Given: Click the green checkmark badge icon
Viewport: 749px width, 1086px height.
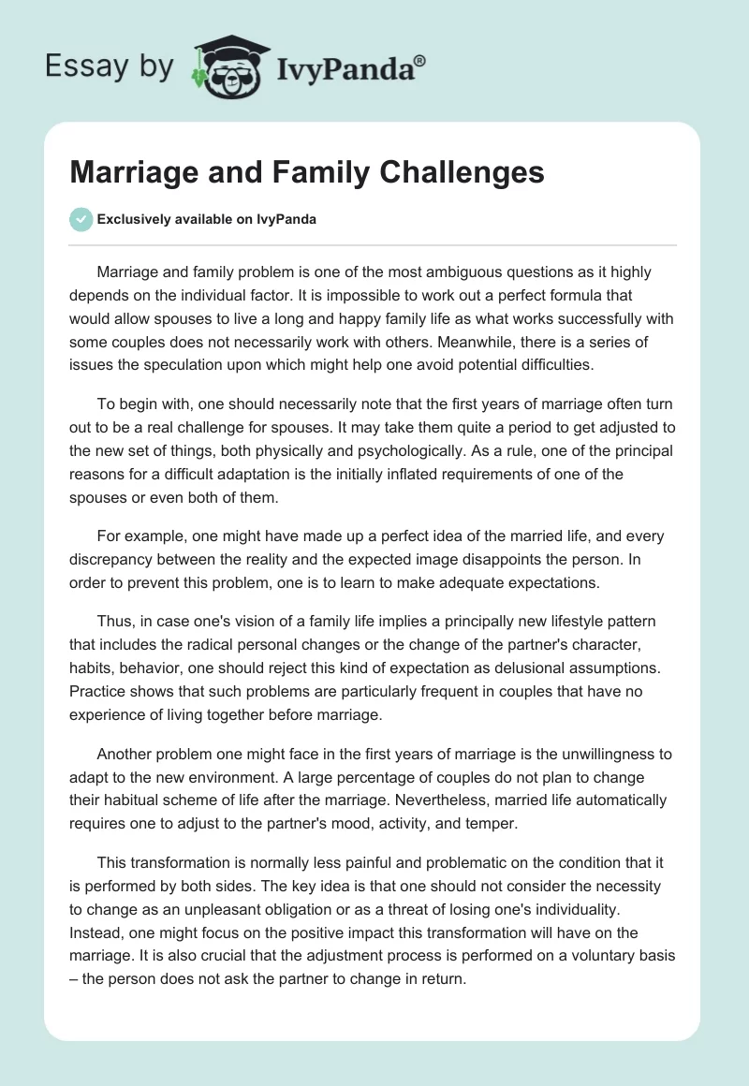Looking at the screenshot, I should (81, 219).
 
